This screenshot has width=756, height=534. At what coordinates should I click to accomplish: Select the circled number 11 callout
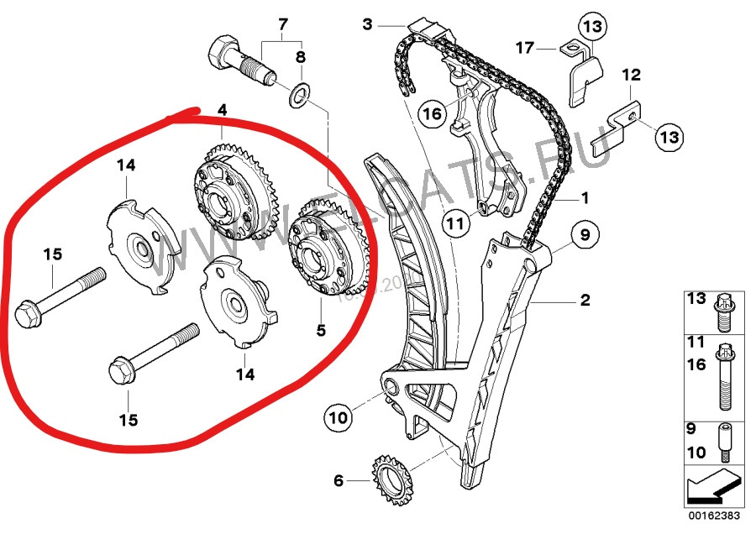pos(454,224)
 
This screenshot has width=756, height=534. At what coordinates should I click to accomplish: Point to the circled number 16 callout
pos(432,114)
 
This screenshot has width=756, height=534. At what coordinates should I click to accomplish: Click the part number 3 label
pos(367,24)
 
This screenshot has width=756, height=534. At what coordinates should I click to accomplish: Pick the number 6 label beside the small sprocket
pos(338,481)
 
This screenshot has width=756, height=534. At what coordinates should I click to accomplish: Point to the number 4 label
pos(222,110)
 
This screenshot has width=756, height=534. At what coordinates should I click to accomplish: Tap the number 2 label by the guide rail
pos(585,300)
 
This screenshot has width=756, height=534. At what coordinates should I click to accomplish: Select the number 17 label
pos(524,48)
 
